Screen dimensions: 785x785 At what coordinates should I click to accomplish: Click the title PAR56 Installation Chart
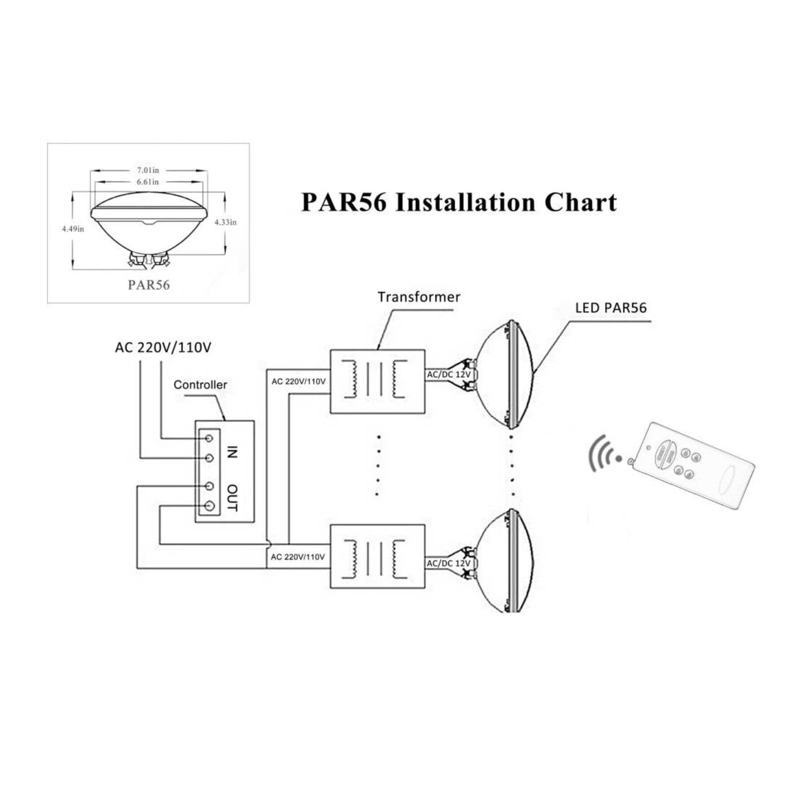pyautogui.click(x=459, y=203)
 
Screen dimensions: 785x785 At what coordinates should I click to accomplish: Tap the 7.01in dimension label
pyautogui.click(x=148, y=170)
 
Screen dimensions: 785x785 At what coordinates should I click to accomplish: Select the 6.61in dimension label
pyautogui.click(x=148, y=182)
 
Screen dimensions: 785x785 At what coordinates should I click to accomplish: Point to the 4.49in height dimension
pyautogui.click(x=73, y=229)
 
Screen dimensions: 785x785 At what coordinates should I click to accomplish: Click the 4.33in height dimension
pyautogui.click(x=226, y=222)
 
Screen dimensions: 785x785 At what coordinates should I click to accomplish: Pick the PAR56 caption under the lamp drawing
pyautogui.click(x=149, y=285)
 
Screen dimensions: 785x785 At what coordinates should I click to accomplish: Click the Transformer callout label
pyautogui.click(x=419, y=297)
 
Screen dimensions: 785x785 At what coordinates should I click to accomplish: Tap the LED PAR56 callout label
pyautogui.click(x=611, y=308)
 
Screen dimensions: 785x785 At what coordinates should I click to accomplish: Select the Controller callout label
pyautogui.click(x=200, y=385)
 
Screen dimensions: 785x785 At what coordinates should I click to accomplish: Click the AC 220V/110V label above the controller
pyautogui.click(x=163, y=347)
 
